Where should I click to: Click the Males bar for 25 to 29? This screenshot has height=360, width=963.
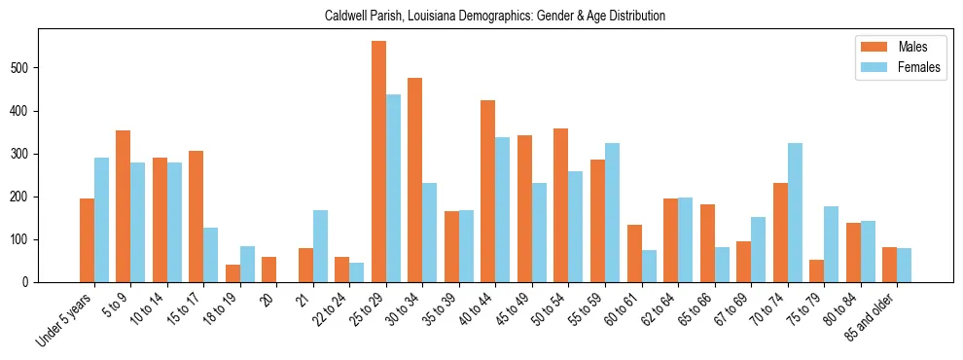point(378,162)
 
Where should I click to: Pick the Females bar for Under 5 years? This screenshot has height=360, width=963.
point(101,220)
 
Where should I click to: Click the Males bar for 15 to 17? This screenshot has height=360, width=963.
point(196,216)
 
